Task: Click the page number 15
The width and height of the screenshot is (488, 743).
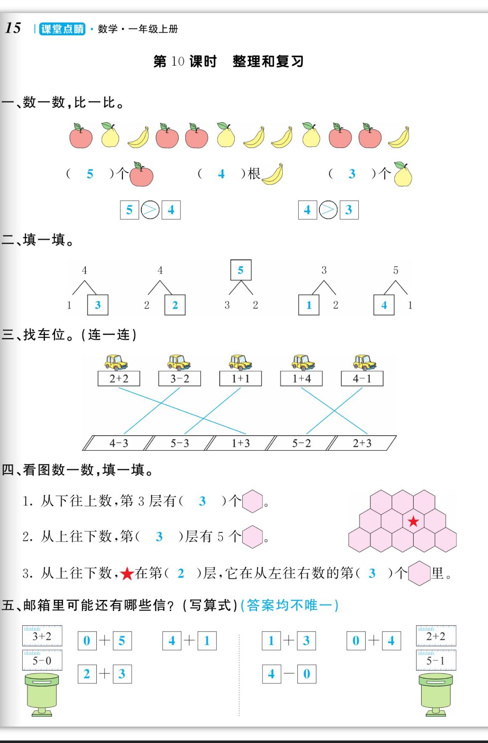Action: [x=13, y=28]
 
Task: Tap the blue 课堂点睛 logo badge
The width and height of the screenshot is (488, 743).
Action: [x=62, y=29]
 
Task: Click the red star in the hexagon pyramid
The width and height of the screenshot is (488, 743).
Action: [x=413, y=521]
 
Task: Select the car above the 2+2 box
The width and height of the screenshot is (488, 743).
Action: [x=116, y=362]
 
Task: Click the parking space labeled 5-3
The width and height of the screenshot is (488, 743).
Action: [x=180, y=443]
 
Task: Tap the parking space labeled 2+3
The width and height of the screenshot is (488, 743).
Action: [x=362, y=443]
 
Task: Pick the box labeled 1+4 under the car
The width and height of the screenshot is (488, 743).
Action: [x=301, y=378]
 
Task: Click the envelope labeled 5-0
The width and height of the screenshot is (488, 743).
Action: [x=42, y=660]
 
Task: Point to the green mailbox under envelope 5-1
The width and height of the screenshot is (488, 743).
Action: [x=436, y=694]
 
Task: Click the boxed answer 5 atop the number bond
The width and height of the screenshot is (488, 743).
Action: [x=241, y=270]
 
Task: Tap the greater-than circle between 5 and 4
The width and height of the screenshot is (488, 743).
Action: [x=150, y=210]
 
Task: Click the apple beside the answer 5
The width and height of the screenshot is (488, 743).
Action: [x=141, y=175]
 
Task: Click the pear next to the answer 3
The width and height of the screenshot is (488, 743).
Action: [x=403, y=175]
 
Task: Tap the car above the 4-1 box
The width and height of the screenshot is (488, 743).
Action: [x=364, y=362]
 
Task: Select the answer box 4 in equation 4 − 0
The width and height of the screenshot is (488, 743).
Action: [x=271, y=674]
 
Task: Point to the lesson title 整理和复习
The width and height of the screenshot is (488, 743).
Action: [x=268, y=61]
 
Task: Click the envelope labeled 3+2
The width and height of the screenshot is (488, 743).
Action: [x=42, y=636]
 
